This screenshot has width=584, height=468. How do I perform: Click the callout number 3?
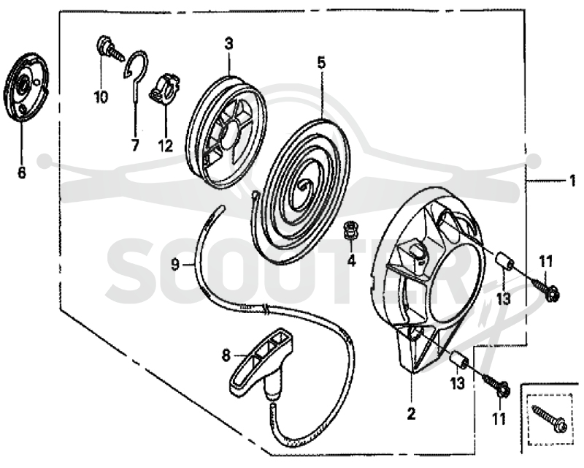tap(228, 44)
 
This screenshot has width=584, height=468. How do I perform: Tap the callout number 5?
tap(321, 63)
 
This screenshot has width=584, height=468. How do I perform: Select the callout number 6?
tap(22, 173)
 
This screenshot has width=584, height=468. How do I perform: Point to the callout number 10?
tap(101, 97)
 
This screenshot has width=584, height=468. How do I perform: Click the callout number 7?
tap(135, 146)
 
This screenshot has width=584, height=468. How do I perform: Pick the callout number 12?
tap(166, 146)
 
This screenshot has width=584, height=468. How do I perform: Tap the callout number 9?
tap(175, 265)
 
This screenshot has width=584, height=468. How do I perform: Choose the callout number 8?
tap(226, 355)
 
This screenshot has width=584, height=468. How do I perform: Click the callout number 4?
tap(352, 260)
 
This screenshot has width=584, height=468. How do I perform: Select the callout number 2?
tap(411, 413)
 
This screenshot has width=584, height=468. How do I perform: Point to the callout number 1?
tap(572, 181)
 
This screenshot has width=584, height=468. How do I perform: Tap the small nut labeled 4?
tap(350, 230)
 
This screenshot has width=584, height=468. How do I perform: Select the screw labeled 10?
tap(110, 49)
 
